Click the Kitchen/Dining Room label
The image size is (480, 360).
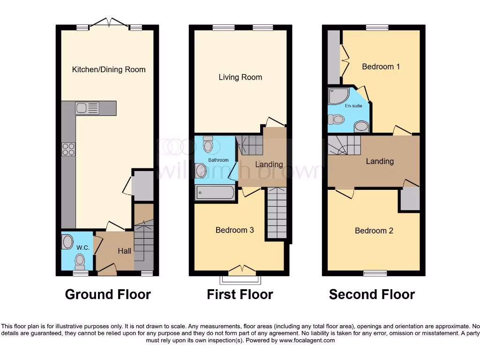click(109, 69)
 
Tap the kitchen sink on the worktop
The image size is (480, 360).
click(88, 108)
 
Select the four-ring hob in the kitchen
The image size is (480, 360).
click(68, 149)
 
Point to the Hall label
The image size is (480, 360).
click(124, 251)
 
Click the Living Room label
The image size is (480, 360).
click(240, 77)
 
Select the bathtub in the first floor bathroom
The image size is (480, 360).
click(215, 193)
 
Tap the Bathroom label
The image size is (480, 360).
click(218, 160)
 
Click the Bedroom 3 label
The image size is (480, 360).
click(234, 230)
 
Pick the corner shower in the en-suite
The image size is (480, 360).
click(337, 96)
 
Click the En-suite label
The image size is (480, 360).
click(353, 106)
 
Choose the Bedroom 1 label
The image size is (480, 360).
click(381, 67)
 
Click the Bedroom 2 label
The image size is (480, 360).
click(374, 231)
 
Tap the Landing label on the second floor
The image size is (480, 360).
click(379, 161)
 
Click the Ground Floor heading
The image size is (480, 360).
click(108, 294)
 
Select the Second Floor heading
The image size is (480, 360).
click(372, 294)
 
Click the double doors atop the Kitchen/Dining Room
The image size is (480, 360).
click(109, 22)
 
